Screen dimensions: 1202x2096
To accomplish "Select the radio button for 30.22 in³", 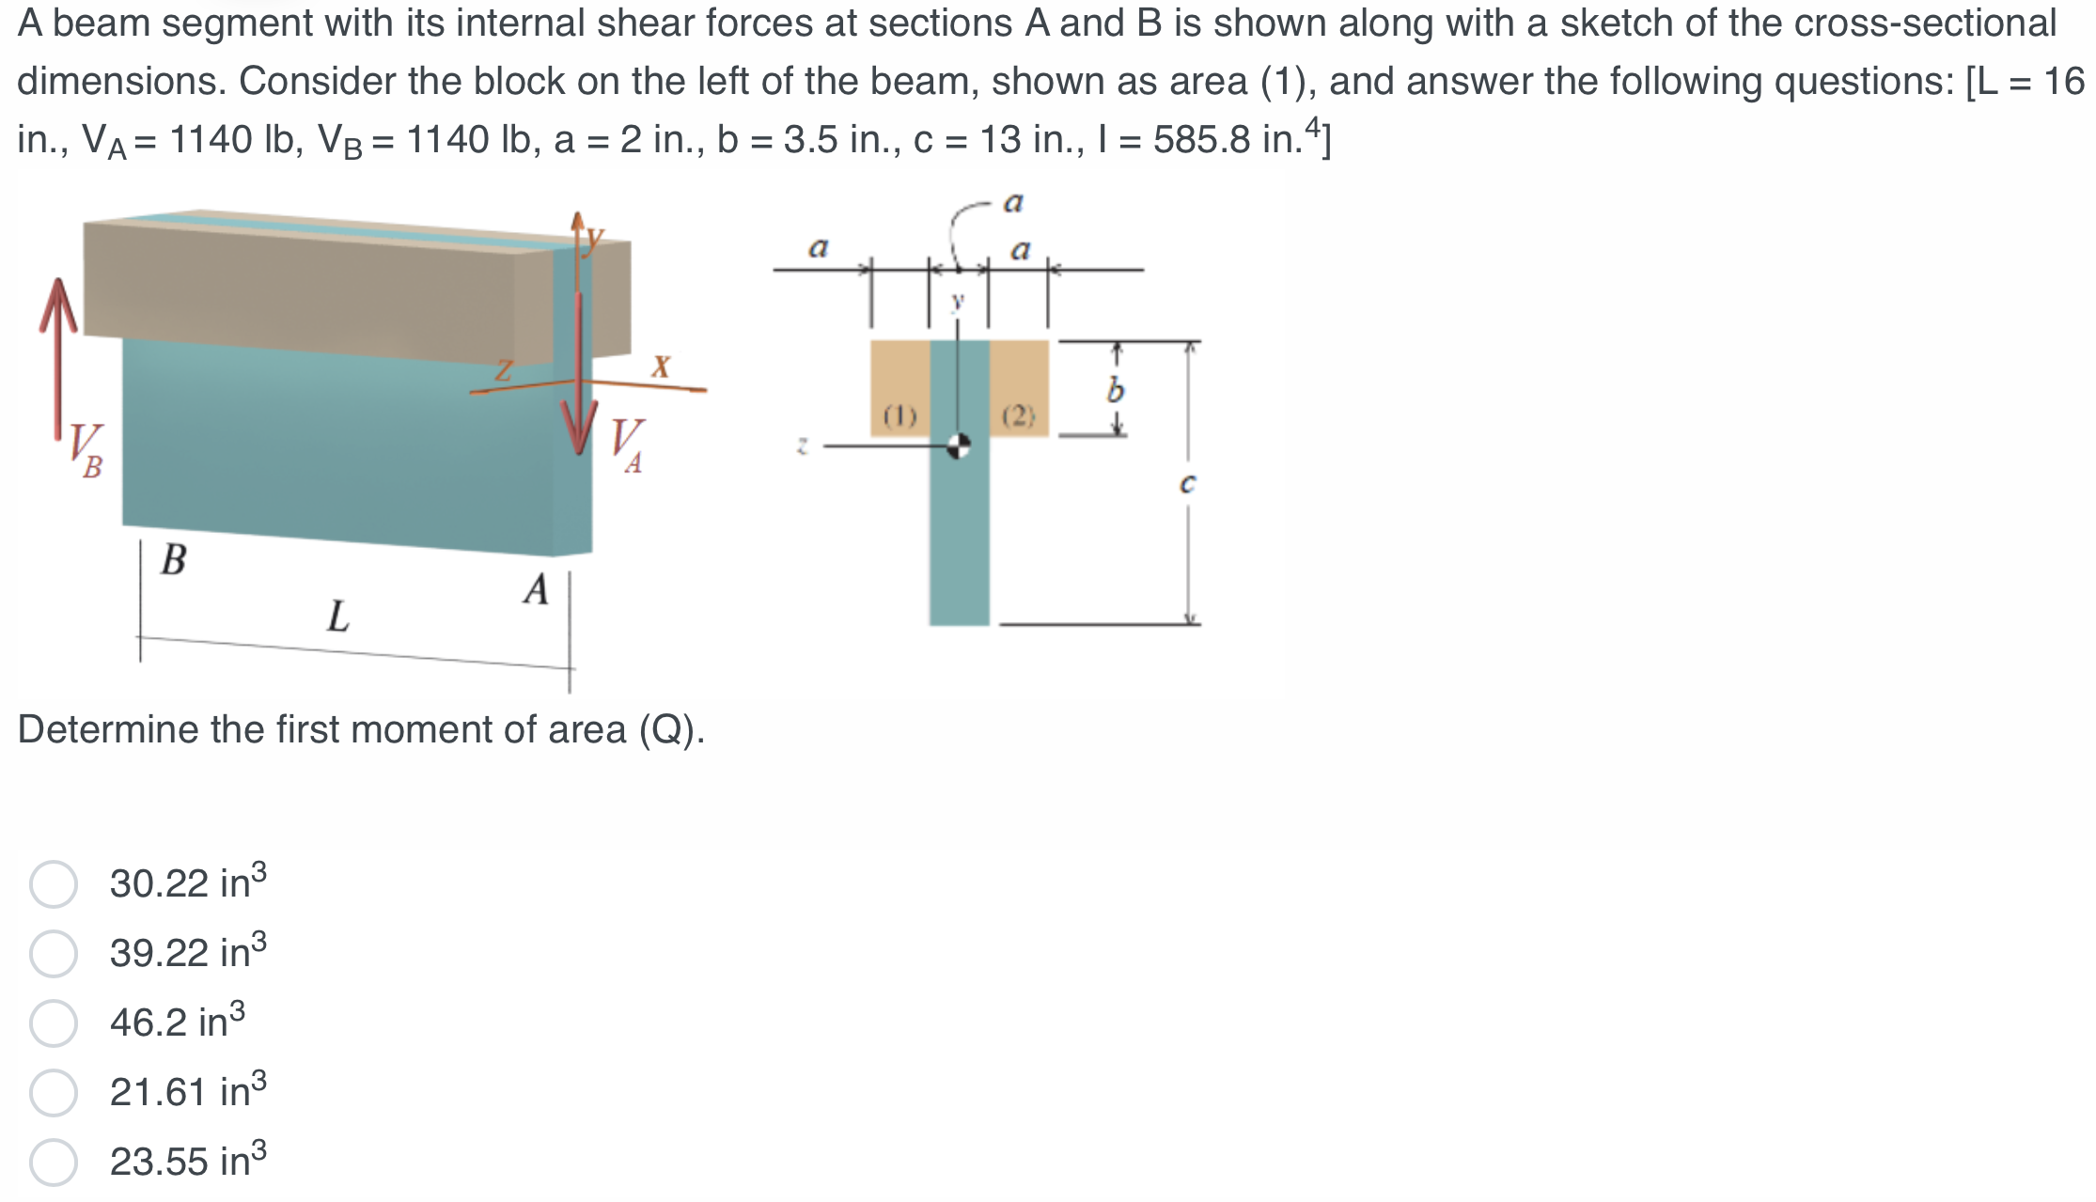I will click(x=54, y=884).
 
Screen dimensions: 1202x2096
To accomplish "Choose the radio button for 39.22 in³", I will click(x=54, y=954).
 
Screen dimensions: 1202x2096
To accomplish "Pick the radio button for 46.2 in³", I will click(x=54, y=1023).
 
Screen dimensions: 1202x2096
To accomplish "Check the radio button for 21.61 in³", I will click(x=54, y=1093).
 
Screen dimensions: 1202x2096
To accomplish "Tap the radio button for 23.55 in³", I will click(x=54, y=1163).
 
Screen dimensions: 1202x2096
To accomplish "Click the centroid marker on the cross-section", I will click(x=958, y=445).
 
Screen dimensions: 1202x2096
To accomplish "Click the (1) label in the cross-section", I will click(x=899, y=415).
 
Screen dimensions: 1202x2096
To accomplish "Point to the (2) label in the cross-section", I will click(x=1018, y=415).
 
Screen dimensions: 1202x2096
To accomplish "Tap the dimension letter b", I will click(x=1116, y=389).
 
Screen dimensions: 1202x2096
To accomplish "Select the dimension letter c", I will click(x=1187, y=484).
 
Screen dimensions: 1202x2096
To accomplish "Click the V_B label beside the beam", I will click(x=86, y=451).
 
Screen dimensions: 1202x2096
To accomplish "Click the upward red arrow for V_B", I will click(x=58, y=357).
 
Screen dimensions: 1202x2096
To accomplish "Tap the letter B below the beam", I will click(x=174, y=560).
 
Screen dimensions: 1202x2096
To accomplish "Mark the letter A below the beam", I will click(x=536, y=590).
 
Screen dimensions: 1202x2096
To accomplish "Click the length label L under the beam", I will click(x=338, y=617).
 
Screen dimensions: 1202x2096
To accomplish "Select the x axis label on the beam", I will click(x=662, y=367).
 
